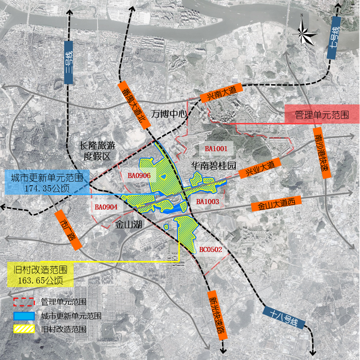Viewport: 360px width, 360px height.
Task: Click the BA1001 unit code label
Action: (215, 148)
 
